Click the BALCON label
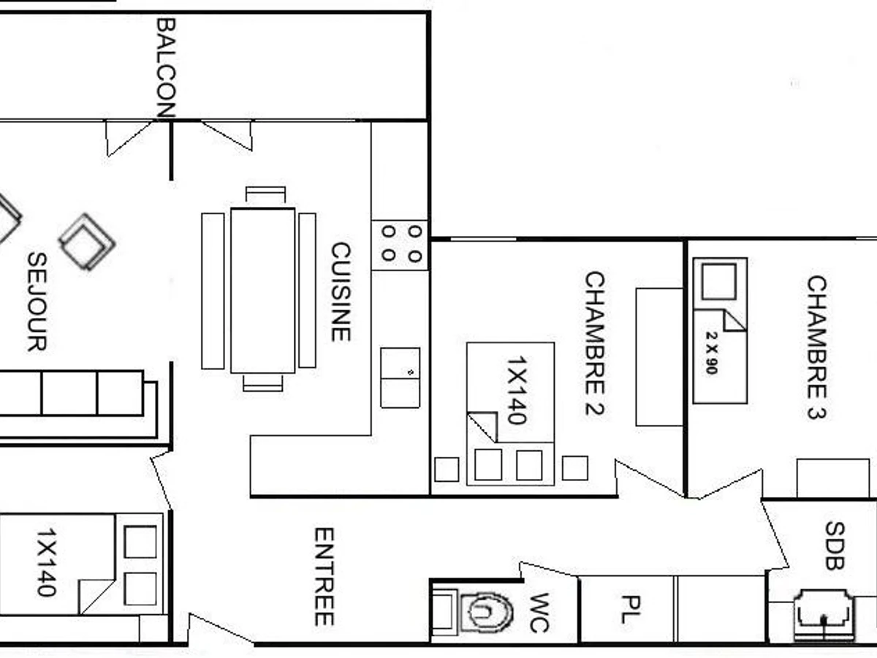[x=166, y=67]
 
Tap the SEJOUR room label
[x=37, y=300]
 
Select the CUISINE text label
[x=341, y=292]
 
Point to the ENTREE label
[x=324, y=576]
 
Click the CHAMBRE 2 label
[x=595, y=343]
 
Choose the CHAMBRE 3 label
[x=816, y=347]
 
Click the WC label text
[x=539, y=613]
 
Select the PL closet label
[x=627, y=609]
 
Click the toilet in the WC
[x=485, y=612]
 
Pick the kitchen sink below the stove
[x=400, y=377]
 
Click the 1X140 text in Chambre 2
[x=516, y=390]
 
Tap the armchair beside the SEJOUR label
[x=86, y=241]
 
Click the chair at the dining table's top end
[x=265, y=194]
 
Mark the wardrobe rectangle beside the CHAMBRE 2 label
[x=658, y=357]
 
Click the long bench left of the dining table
[x=213, y=290]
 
